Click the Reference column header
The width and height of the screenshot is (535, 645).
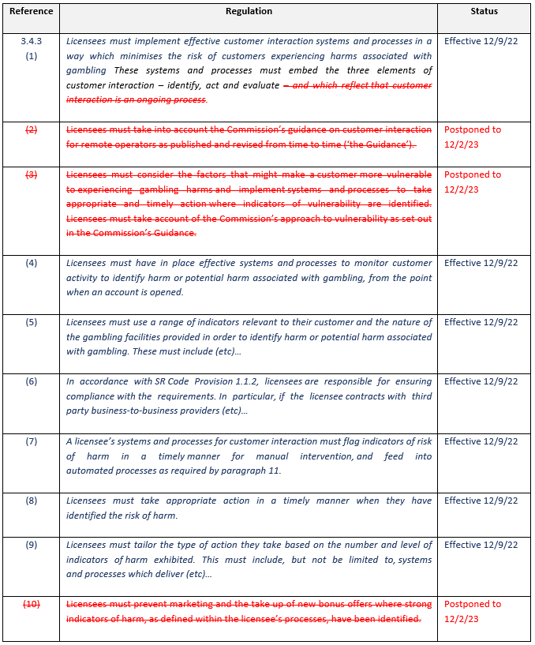(x=31, y=12)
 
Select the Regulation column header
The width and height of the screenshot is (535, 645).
(x=249, y=12)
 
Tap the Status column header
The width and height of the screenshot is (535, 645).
(x=484, y=12)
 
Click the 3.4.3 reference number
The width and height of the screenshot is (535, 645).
(x=31, y=42)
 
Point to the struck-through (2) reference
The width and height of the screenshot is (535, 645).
(x=31, y=129)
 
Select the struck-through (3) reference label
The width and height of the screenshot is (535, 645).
(x=31, y=175)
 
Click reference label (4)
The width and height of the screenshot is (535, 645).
(x=31, y=263)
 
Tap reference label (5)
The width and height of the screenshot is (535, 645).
(x=31, y=322)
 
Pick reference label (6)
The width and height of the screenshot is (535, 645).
(x=31, y=381)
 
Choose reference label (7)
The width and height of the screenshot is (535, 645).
(x=31, y=441)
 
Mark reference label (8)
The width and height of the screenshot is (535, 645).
(x=31, y=501)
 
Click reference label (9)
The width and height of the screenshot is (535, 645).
(x=31, y=545)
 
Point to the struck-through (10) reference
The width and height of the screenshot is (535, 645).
(x=31, y=605)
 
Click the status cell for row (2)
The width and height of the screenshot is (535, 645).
(x=473, y=137)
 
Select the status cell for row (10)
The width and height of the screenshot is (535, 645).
(x=473, y=612)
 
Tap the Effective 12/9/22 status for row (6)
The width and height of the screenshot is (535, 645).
(x=481, y=381)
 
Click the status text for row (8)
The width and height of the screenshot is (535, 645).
(x=481, y=501)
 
